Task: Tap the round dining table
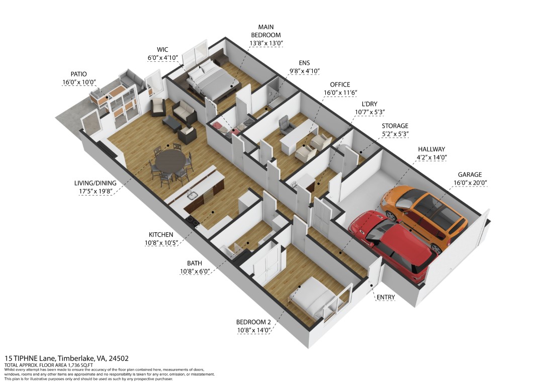pos(170,161)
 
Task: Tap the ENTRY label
pos(386,297)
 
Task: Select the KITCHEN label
pos(161,235)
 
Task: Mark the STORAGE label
pos(395,126)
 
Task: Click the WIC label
pos(162,49)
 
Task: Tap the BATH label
pos(195,263)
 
